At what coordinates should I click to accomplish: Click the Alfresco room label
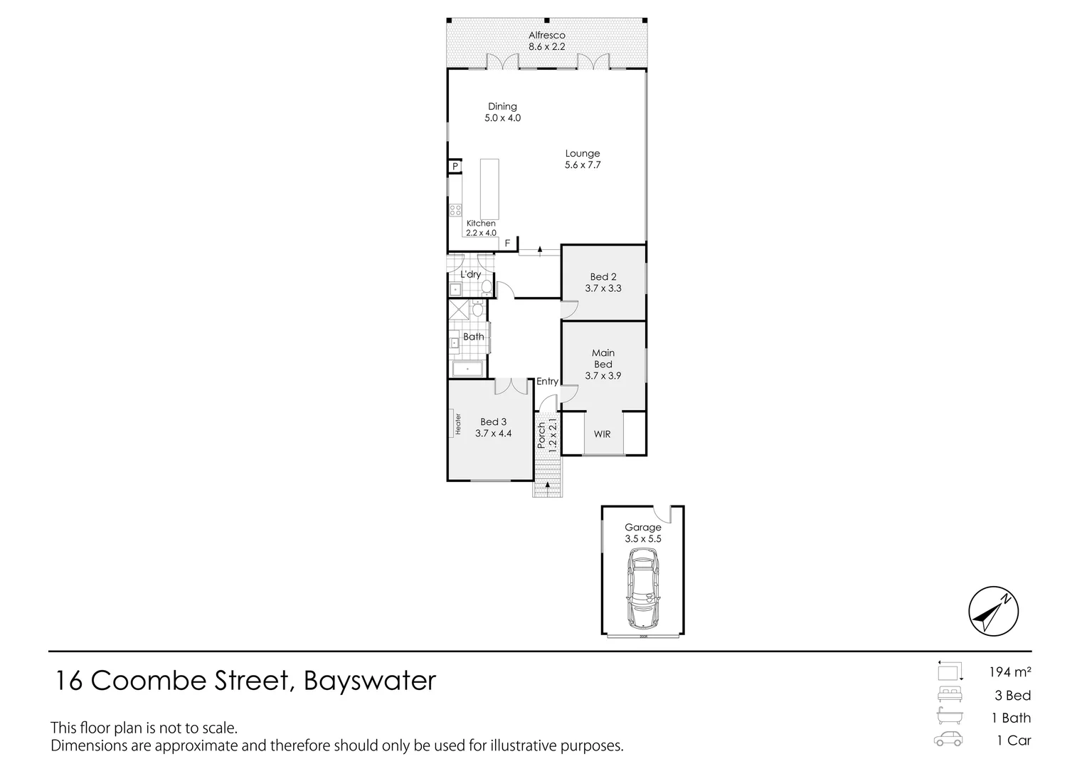(x=546, y=35)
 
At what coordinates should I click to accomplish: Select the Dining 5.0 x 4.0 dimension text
(x=502, y=118)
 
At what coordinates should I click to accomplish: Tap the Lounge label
(x=583, y=153)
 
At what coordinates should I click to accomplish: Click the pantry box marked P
(x=455, y=167)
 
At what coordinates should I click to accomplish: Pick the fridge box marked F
(x=507, y=244)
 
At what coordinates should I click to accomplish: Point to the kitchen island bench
(x=489, y=189)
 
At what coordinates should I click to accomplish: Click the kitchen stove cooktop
(x=455, y=210)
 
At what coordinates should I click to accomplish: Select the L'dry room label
(x=470, y=274)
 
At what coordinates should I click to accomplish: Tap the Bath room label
(x=473, y=337)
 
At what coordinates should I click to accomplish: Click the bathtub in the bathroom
(x=467, y=369)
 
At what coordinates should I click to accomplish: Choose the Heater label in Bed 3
(x=458, y=424)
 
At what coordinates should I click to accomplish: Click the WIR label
(x=602, y=434)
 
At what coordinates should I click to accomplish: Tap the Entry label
(x=547, y=382)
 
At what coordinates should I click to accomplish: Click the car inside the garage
(x=642, y=591)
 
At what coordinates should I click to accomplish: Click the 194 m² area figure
(x=1009, y=671)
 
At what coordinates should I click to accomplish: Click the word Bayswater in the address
(x=369, y=681)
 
